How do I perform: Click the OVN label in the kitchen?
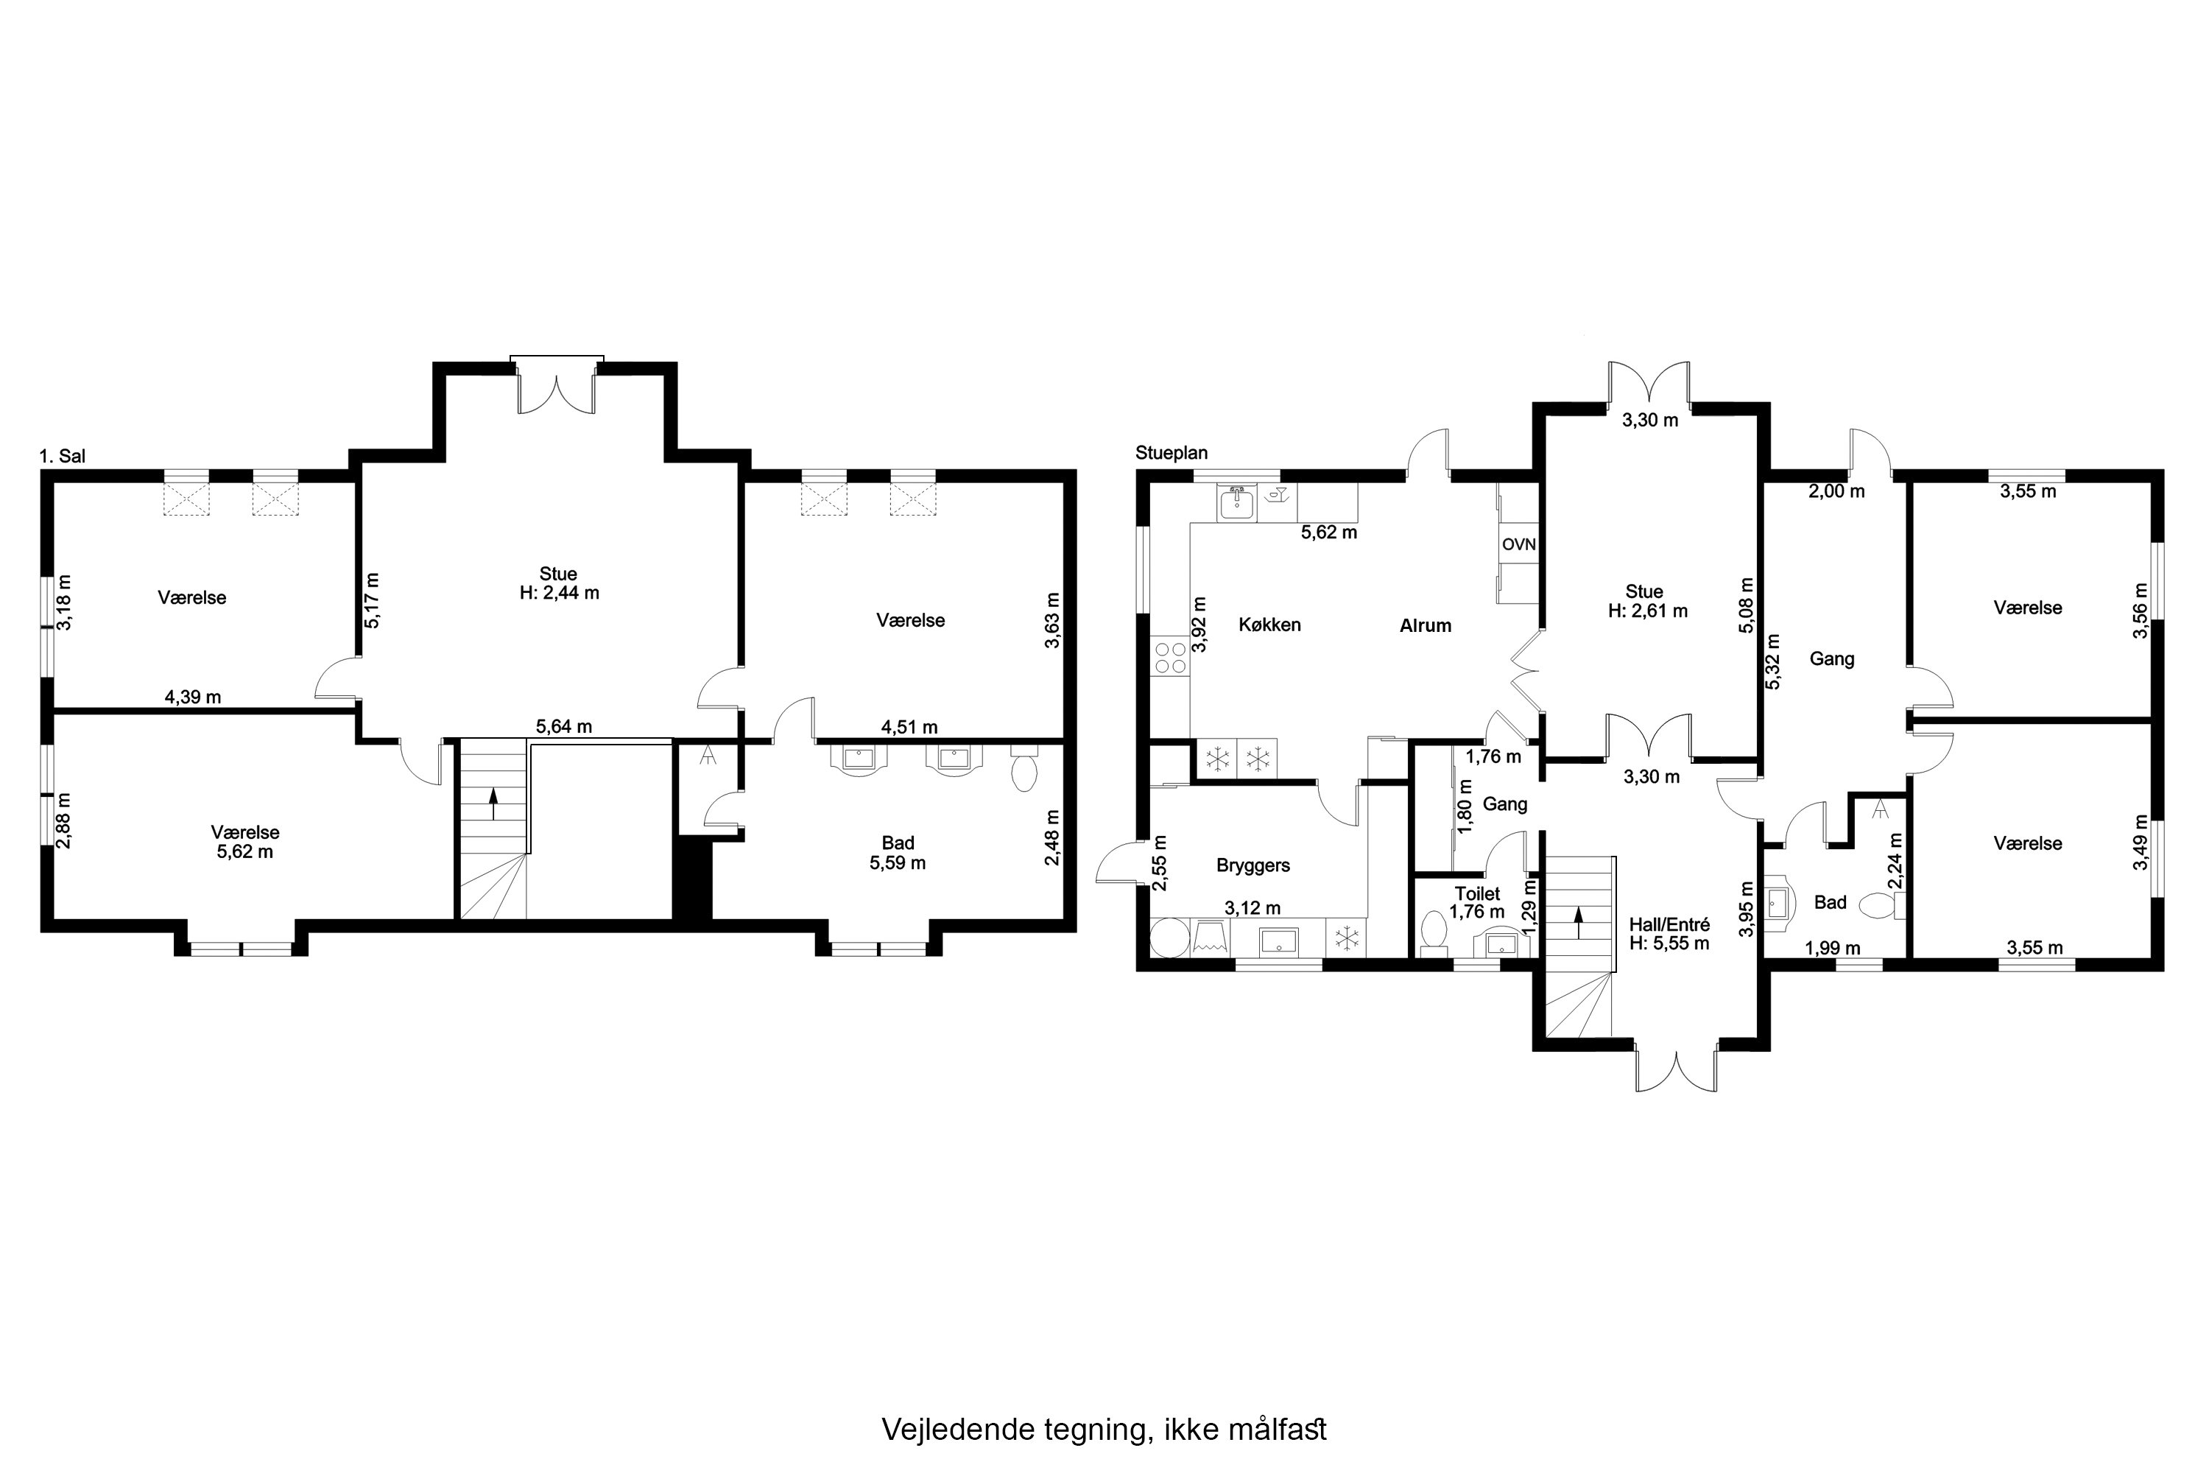click(1518, 544)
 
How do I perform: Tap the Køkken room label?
click(1269, 625)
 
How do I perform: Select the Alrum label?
click(1425, 625)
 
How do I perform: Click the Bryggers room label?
click(1253, 865)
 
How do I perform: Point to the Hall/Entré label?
click(1669, 924)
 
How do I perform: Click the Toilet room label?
click(1477, 893)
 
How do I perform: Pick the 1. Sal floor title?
click(62, 457)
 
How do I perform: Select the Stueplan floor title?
click(1172, 453)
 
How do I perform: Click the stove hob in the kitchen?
click(1169, 657)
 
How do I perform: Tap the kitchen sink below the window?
click(1236, 505)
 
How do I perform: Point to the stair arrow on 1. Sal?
click(493, 804)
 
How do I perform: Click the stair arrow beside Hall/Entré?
click(1578, 916)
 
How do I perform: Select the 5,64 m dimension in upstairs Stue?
click(563, 726)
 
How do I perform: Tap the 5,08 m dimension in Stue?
click(1746, 605)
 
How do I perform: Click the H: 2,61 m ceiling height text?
click(1647, 611)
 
